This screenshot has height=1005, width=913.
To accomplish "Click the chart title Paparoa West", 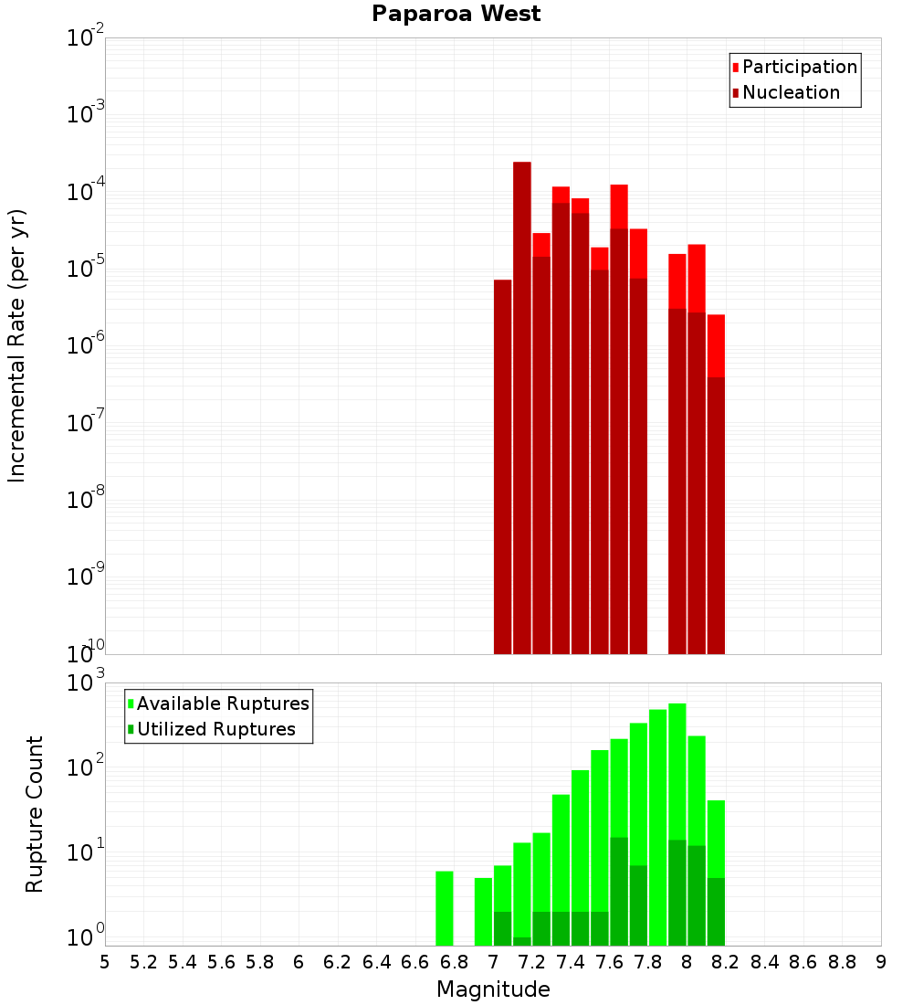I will (x=456, y=14).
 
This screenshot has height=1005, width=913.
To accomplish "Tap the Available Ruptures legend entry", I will (x=223, y=703).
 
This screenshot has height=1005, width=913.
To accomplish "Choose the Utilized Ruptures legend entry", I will (x=215, y=729).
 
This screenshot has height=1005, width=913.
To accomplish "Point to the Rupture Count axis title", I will (x=35, y=813).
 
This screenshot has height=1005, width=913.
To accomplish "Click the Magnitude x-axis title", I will (x=493, y=989).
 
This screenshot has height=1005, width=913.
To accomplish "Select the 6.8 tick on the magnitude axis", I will (x=454, y=962).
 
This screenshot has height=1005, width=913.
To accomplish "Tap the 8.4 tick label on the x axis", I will (x=764, y=962).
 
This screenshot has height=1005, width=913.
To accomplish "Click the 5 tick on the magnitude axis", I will (x=105, y=962).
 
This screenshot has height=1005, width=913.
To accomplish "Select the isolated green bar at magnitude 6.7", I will (x=445, y=908).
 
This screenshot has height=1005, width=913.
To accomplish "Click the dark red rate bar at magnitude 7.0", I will (x=502, y=466).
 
